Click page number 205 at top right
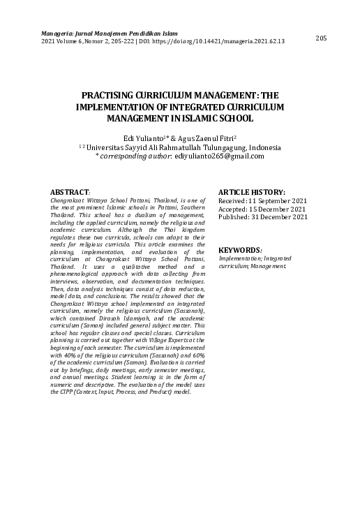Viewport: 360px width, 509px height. click(321, 38)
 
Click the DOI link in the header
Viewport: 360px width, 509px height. click(231, 41)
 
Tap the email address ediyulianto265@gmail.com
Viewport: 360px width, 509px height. click(219, 156)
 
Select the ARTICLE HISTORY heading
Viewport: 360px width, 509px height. click(251, 191)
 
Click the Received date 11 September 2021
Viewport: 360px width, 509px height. click(273, 200)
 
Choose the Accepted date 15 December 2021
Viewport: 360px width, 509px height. click(273, 208)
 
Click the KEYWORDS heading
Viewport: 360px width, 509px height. click(239, 250)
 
